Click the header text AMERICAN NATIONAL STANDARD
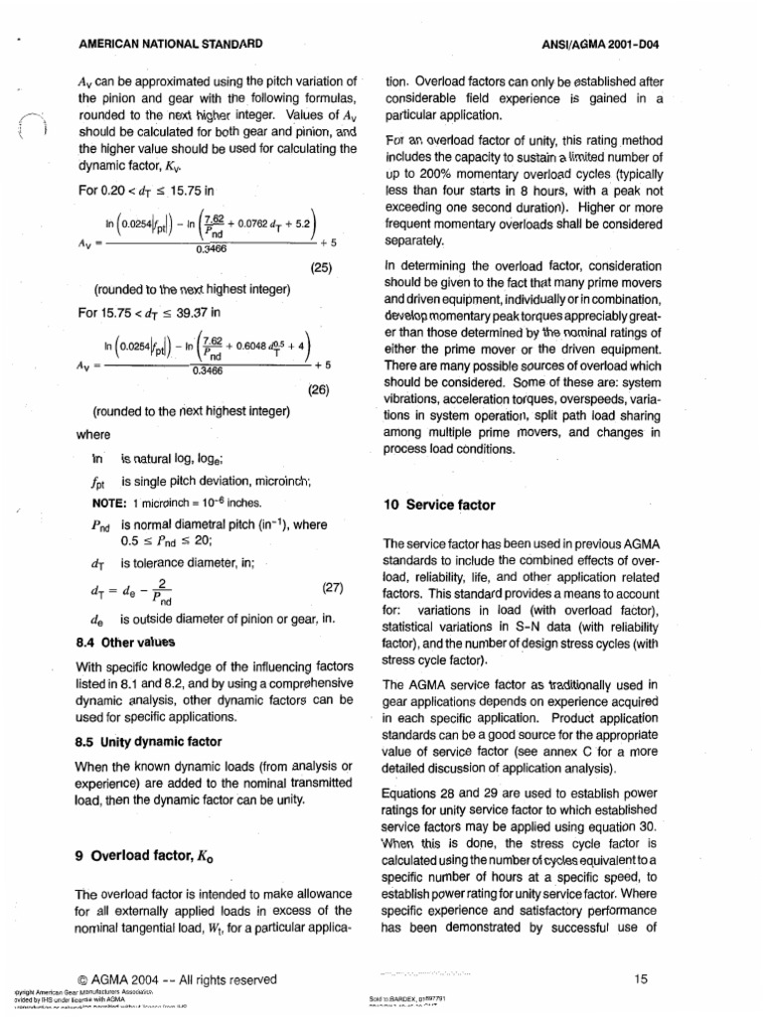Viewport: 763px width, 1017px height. (x=170, y=44)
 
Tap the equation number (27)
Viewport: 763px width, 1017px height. (x=332, y=587)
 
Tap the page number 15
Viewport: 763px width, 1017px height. (x=640, y=979)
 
